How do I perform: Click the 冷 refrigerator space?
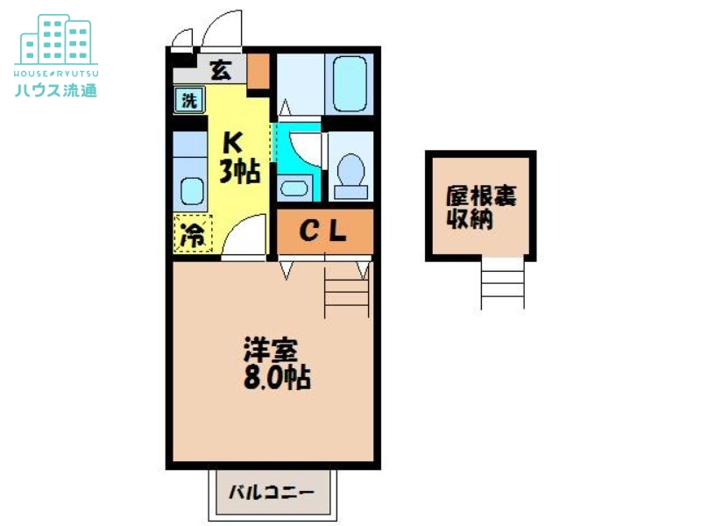[x=193, y=234]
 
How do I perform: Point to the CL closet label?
[x=324, y=231]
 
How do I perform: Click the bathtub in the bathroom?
[x=349, y=82]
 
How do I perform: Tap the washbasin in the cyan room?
[x=291, y=188]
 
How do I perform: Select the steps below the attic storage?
[x=503, y=285]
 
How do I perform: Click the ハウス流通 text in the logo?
[x=55, y=89]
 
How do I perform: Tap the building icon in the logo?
[x=55, y=39]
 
